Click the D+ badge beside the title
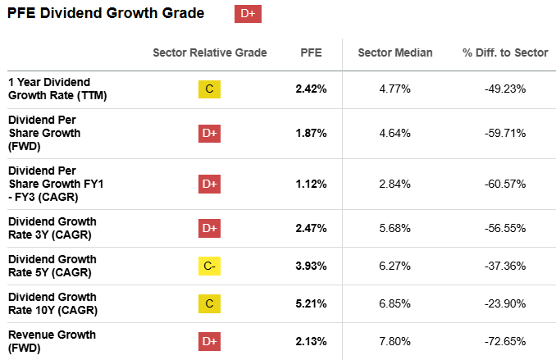(x=248, y=14)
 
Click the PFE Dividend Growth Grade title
(x=107, y=14)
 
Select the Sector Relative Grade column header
(x=210, y=52)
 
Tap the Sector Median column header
(x=394, y=52)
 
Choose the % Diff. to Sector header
(x=504, y=52)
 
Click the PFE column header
(x=311, y=52)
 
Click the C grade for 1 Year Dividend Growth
(x=210, y=89)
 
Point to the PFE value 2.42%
(x=311, y=89)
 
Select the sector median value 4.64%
(x=394, y=133)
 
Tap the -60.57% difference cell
(x=504, y=184)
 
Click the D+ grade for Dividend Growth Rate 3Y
(x=210, y=228)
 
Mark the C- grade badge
(x=210, y=267)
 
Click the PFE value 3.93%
(x=311, y=267)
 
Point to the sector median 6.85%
(x=394, y=304)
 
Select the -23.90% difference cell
(x=504, y=304)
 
